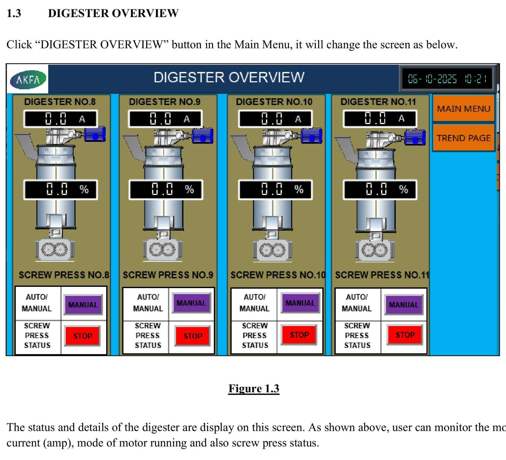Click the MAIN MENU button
pyautogui.click(x=463, y=108)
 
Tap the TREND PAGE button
pyautogui.click(x=463, y=138)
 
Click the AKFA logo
pyautogui.click(x=28, y=79)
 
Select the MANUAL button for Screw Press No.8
pyautogui.click(x=83, y=305)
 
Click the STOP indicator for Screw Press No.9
pyautogui.click(x=193, y=336)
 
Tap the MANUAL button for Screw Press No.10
pyautogui.click(x=300, y=303)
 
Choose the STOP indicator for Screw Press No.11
pyautogui.click(x=405, y=335)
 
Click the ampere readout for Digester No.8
pyautogui.click(x=60, y=119)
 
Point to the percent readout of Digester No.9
pyautogui.click(x=165, y=189)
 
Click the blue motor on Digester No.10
pyautogui.click(x=312, y=136)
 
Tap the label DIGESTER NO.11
pyautogui.click(x=378, y=102)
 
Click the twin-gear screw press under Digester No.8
pyautogui.click(x=55, y=250)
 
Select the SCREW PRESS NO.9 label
pyautogui.click(x=168, y=275)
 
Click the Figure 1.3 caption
pyautogui.click(x=254, y=388)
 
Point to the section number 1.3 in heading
pyautogui.click(x=14, y=13)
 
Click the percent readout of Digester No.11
pyautogui.click(x=380, y=189)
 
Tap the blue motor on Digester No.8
pyautogui.click(x=95, y=134)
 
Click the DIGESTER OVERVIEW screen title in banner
pyautogui.click(x=229, y=77)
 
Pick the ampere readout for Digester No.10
pyautogui.click(x=275, y=119)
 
